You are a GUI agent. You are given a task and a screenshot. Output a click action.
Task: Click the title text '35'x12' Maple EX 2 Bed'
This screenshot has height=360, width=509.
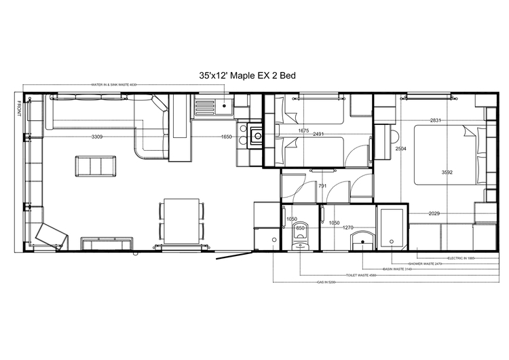click(247, 76)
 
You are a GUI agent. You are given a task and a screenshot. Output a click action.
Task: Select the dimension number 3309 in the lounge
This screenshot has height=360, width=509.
click(97, 137)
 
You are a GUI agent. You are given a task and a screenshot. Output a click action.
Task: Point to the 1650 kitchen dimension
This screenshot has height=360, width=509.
click(226, 137)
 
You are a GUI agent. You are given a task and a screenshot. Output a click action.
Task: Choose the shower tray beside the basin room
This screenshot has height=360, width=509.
click(390, 228)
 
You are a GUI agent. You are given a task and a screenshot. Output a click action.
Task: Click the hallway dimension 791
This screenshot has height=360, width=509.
click(322, 185)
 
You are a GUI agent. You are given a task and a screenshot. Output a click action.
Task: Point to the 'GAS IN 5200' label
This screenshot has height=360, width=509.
click(326, 281)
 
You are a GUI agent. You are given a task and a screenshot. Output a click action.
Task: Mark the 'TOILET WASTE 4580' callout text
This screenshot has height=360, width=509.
click(360, 275)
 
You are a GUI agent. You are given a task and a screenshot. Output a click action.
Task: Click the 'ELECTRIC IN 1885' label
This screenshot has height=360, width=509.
click(461, 258)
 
